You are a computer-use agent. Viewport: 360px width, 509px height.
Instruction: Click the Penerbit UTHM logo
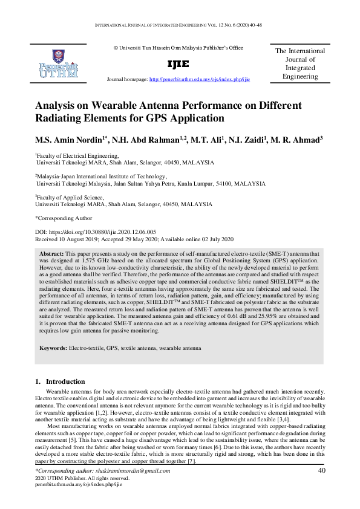point(58,63)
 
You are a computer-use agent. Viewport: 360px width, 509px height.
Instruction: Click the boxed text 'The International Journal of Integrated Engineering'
point(299,64)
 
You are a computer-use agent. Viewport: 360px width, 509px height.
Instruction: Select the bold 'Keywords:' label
point(53,349)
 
